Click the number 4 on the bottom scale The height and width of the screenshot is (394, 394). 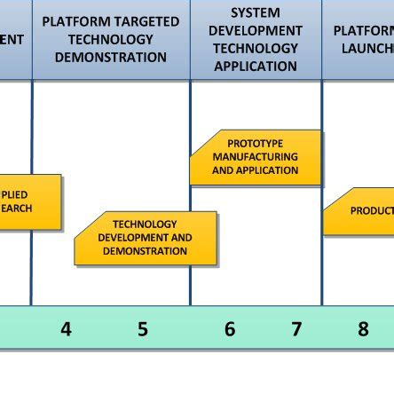(66, 329)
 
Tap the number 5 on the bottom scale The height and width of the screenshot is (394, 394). (143, 329)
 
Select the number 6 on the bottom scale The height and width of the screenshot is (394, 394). (229, 329)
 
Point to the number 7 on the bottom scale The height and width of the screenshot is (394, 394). (296, 329)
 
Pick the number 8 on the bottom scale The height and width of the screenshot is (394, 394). (363, 329)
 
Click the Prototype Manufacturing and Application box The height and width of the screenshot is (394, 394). (256, 157)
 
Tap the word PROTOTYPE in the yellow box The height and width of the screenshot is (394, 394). (256, 144)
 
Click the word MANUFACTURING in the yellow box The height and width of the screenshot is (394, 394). (256, 157)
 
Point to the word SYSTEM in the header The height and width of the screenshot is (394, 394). (256, 13)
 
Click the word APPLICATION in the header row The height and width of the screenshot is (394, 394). (256, 67)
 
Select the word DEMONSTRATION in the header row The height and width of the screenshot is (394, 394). (110, 58)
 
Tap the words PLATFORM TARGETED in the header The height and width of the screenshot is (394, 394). (110, 21)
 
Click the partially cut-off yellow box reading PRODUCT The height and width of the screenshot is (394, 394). (359, 211)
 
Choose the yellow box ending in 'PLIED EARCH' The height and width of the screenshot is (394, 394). (27, 201)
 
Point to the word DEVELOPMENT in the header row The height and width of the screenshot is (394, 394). (256, 31)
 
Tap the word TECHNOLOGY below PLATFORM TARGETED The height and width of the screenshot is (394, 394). (110, 40)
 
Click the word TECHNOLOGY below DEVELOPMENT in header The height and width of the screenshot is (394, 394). (256, 49)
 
